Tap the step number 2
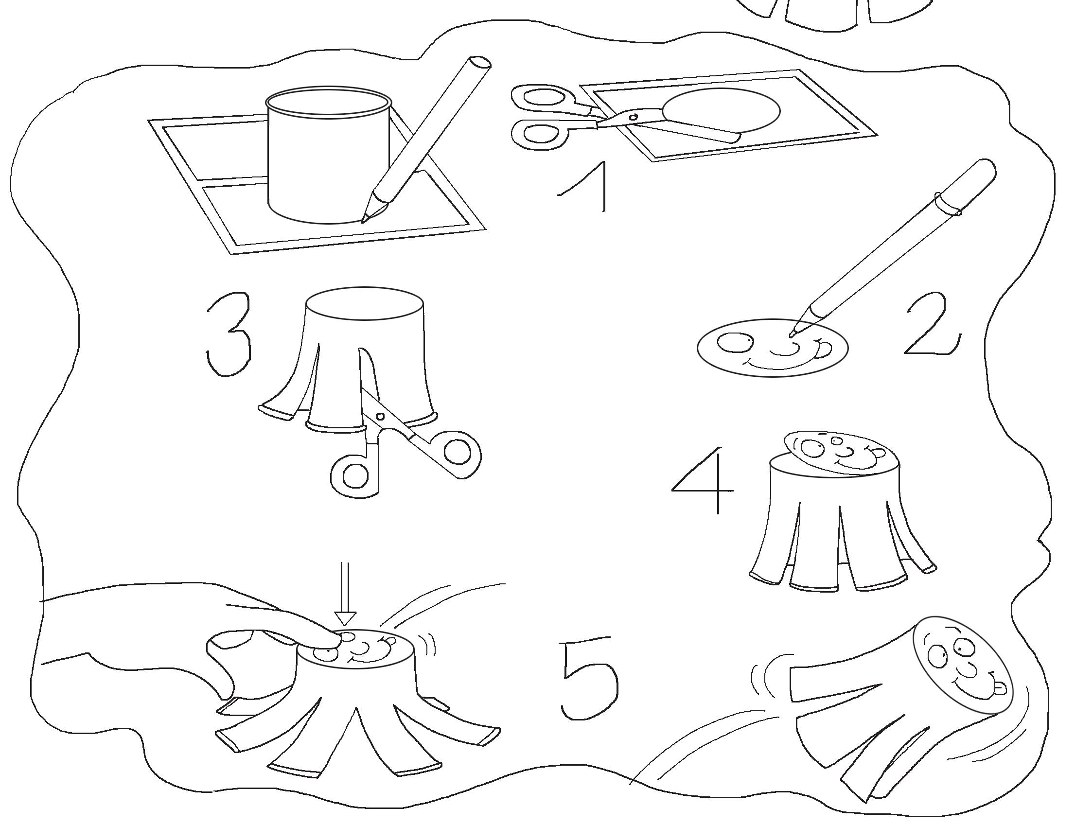coord(931,324)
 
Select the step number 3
coord(229,334)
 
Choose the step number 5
coord(589,678)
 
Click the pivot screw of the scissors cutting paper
coord(634,117)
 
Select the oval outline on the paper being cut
coord(721,111)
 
